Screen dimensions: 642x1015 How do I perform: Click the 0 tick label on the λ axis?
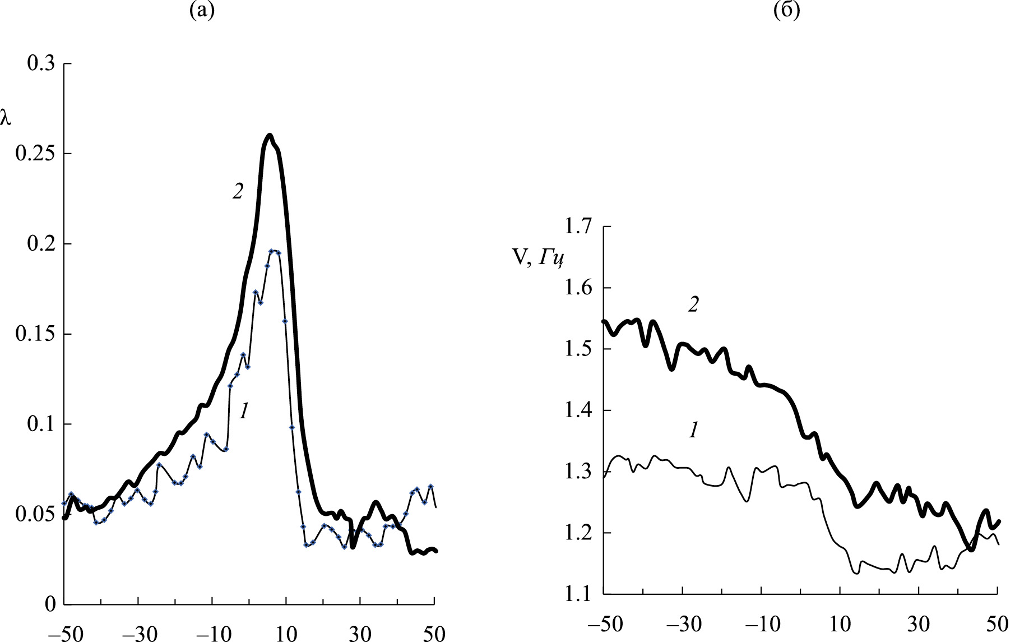point(50,604)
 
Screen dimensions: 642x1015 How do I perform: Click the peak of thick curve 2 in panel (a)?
point(270,135)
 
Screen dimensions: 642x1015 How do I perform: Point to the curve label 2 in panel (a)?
point(238,192)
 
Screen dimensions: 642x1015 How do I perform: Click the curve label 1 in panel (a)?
point(244,412)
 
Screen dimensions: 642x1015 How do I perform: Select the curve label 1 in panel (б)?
point(693,431)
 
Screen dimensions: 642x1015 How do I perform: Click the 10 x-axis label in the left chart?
point(286,634)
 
